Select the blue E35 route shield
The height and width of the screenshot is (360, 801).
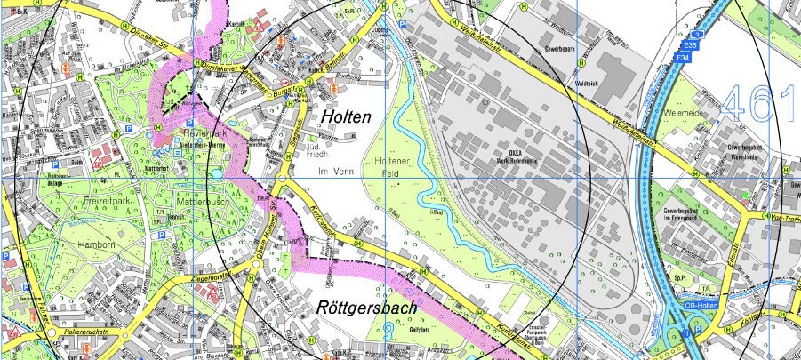pyautogui.click(x=689, y=44)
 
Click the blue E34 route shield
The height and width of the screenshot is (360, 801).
pyautogui.click(x=682, y=58)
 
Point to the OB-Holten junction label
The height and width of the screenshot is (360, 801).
pyautogui.click(x=701, y=307)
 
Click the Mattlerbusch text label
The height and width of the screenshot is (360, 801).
pyautogui.click(x=205, y=202)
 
